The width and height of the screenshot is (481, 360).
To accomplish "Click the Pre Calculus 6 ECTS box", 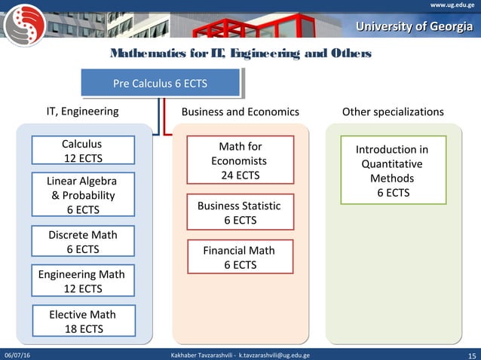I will pyautogui.click(x=160, y=83).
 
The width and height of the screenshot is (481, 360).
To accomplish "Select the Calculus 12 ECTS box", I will pyautogui.click(x=81, y=151).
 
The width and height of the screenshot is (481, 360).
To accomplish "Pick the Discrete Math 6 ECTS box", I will pyautogui.click(x=83, y=242).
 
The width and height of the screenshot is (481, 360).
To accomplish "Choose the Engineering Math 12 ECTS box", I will pyautogui.click(x=81, y=281).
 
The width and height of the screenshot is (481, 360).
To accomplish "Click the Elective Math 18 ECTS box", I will pyautogui.click(x=83, y=321).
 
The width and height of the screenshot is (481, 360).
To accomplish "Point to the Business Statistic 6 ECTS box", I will pyautogui.click(x=238, y=212).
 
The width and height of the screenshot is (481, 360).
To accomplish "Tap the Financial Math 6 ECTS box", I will pyautogui.click(x=238, y=257).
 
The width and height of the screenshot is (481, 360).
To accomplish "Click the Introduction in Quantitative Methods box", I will pyautogui.click(x=392, y=170).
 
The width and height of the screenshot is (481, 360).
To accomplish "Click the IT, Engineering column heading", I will pyautogui.click(x=83, y=111).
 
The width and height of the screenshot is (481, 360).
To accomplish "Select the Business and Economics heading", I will pyautogui.click(x=240, y=111).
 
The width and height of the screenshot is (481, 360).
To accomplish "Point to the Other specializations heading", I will pyautogui.click(x=393, y=111).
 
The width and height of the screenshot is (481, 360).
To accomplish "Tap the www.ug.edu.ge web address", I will pyautogui.click(x=452, y=5).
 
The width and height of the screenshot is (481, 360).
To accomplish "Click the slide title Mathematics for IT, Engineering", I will pyautogui.click(x=240, y=54).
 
